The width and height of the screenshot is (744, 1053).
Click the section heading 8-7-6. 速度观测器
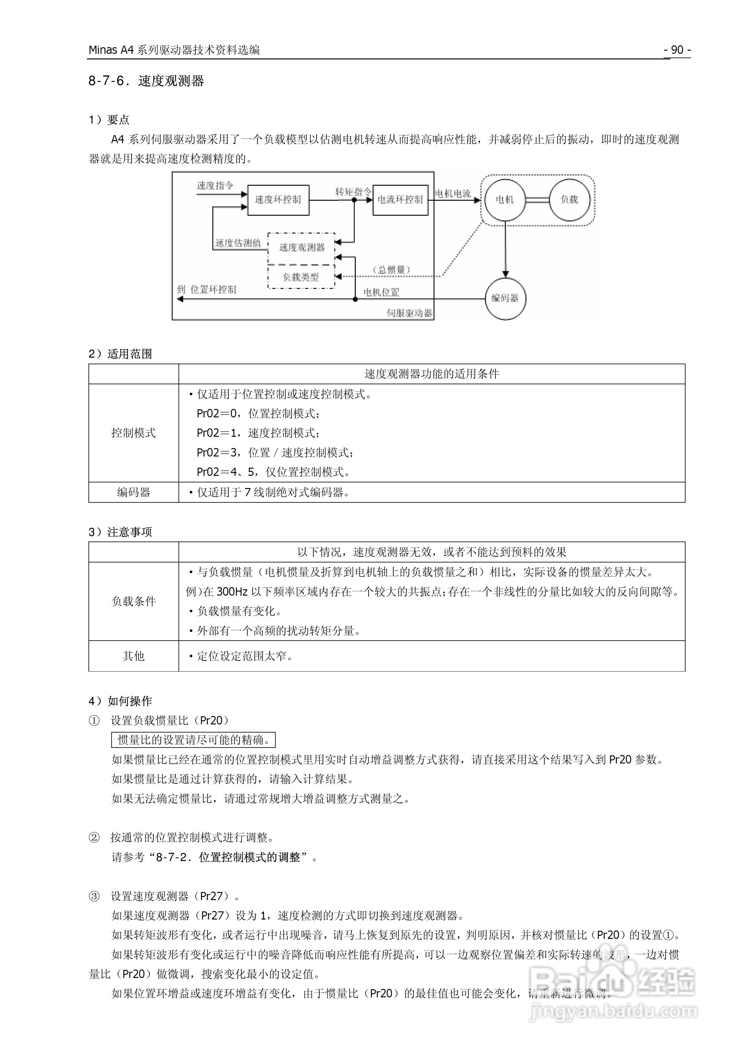146,81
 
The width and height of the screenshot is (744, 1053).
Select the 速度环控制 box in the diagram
278,199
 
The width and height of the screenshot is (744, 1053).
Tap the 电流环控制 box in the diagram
400,199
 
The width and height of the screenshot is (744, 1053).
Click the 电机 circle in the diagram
505,199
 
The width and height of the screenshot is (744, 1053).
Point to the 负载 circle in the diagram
569,199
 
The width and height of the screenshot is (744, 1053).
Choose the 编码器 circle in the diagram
505,298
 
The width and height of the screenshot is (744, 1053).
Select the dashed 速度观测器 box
301,248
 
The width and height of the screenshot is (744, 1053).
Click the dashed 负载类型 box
301,277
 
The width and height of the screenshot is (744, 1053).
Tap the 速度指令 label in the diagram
215,185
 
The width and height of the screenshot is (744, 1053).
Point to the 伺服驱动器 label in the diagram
409,313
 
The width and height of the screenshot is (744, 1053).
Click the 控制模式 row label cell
133,433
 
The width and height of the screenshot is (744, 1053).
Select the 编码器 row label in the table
133,492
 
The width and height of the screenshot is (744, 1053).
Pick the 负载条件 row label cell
133,601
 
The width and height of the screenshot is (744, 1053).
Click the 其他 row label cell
133,656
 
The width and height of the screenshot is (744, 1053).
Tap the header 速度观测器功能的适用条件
432,374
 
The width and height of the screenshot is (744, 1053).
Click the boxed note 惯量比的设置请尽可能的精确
193,740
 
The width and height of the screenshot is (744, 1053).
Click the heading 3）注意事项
120,532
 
